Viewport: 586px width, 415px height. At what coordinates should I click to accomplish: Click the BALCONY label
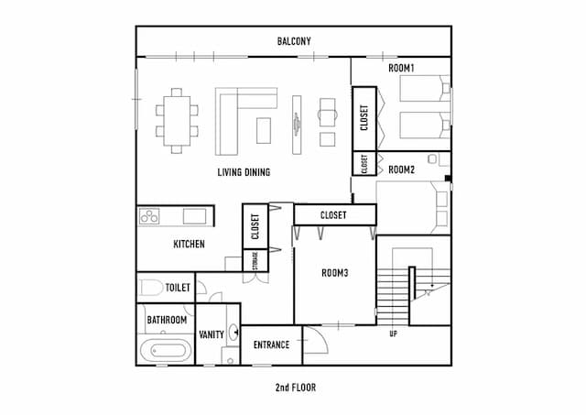click(294, 41)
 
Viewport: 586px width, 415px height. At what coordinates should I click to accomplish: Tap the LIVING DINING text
click(244, 172)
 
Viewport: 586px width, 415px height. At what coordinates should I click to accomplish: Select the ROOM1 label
click(401, 68)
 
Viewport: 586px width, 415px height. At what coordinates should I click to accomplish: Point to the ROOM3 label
click(335, 273)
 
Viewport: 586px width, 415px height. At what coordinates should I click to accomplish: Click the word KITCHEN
click(190, 244)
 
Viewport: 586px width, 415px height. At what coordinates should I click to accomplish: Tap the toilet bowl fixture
click(152, 288)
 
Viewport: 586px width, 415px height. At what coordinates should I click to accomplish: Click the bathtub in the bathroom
click(166, 350)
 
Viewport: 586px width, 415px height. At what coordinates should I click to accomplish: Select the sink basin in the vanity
click(234, 332)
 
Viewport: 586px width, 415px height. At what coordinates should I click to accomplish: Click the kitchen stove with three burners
click(149, 216)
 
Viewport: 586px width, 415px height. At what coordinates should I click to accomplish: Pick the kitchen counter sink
click(194, 216)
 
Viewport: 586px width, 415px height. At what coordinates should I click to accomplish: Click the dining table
click(177, 121)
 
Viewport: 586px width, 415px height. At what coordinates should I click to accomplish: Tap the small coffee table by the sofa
click(264, 130)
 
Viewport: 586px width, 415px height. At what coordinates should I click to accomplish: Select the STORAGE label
click(255, 260)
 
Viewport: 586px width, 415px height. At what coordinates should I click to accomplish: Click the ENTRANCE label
click(271, 344)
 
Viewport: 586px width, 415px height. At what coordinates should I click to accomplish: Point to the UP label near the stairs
click(393, 333)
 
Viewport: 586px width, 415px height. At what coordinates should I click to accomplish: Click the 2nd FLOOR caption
click(296, 388)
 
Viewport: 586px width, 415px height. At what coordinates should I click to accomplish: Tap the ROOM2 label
click(401, 169)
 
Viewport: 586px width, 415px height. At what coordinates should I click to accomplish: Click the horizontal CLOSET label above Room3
click(333, 215)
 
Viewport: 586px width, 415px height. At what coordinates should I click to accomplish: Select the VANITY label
click(212, 334)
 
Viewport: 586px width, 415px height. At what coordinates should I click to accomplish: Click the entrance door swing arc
click(322, 336)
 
